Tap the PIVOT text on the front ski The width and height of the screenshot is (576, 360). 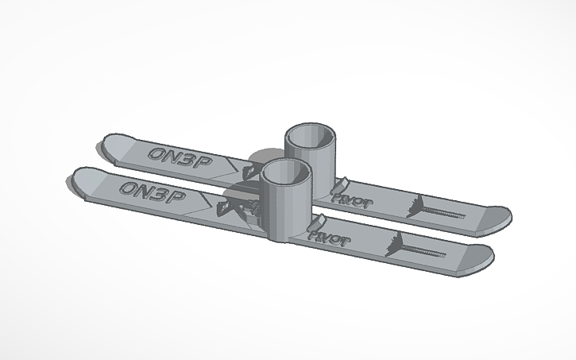click(327, 236)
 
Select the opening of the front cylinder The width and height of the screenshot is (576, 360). click(284, 170)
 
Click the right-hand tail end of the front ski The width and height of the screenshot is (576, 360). click(476, 259)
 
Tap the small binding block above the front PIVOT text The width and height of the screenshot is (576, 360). click(320, 221)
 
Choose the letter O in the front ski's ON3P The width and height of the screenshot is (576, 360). click(127, 188)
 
